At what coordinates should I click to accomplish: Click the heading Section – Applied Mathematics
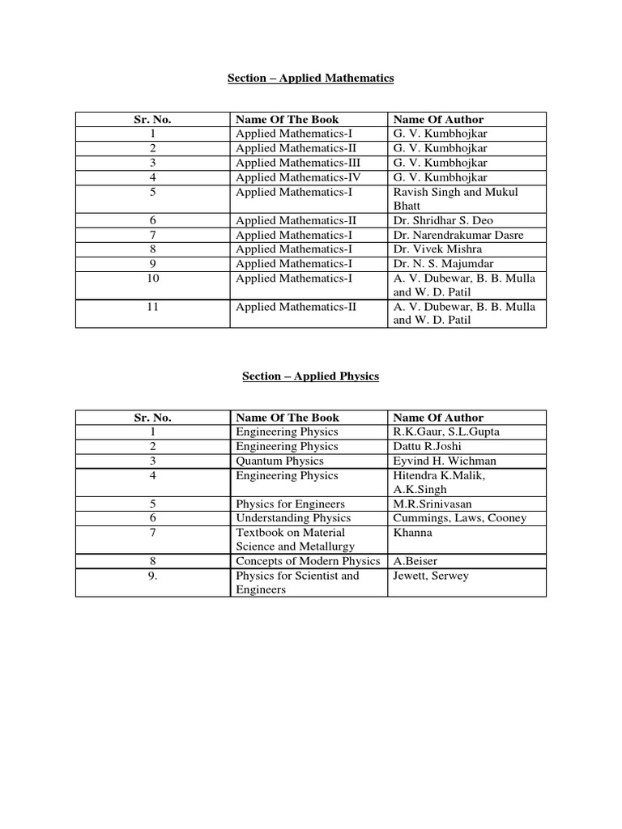[x=311, y=79]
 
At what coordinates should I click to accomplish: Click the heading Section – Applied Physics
[x=311, y=376]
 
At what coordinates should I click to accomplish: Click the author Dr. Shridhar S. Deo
[x=443, y=220]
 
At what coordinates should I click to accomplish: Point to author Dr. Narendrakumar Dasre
[x=457, y=235]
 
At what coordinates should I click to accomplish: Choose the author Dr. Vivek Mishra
[x=438, y=249]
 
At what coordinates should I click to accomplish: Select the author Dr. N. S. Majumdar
[x=443, y=264]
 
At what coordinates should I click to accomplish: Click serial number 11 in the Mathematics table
[x=152, y=307]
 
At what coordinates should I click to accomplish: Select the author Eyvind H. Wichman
[x=445, y=461]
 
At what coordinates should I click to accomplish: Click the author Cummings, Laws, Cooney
[x=459, y=518]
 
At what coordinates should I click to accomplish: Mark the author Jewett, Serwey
[x=431, y=576]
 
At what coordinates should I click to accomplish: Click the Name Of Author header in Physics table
[x=438, y=418]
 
